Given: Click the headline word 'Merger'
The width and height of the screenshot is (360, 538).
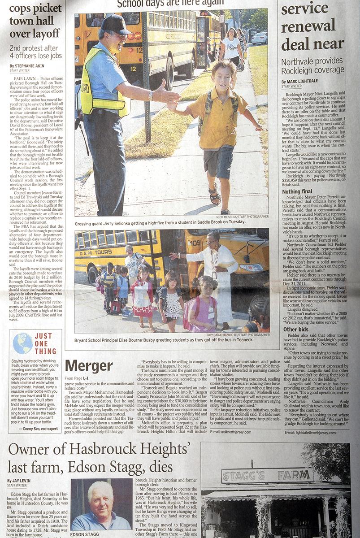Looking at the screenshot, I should (x=89, y=366).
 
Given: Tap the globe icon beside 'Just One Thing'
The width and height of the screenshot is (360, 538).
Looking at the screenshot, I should (x=22, y=343).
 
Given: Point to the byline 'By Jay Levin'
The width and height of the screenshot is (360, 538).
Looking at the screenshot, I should (x=19, y=481).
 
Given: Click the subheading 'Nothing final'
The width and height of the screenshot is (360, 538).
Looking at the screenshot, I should (x=297, y=191).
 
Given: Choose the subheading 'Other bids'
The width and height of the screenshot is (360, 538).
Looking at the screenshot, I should (x=296, y=330).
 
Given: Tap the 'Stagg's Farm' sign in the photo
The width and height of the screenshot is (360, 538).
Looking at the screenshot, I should (x=267, y=475).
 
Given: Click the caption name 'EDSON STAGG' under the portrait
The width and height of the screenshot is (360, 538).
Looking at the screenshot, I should (x=85, y=534).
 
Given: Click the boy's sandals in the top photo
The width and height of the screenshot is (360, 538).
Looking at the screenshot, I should (x=214, y=196).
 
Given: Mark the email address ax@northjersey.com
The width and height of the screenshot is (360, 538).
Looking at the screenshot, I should (x=228, y=432).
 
